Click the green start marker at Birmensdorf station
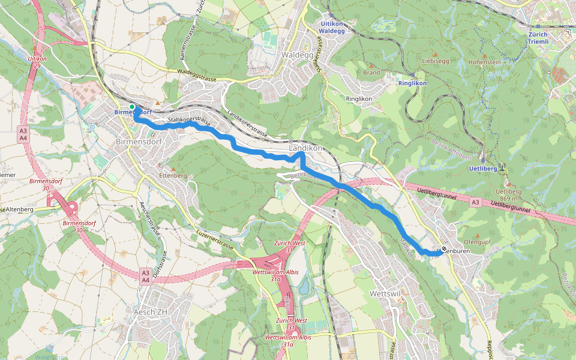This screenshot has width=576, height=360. tap(132, 107)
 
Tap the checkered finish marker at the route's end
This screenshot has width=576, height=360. tap(443, 249)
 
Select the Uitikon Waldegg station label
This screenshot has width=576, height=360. tap(331, 26)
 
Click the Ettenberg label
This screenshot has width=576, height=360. tap(174, 175)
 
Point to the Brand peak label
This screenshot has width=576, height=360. tap(371, 73)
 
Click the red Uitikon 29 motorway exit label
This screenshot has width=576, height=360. tap(37, 62)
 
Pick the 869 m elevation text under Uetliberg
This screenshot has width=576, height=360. tap(507, 199)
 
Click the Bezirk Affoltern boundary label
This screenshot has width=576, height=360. tap(451, 148)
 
